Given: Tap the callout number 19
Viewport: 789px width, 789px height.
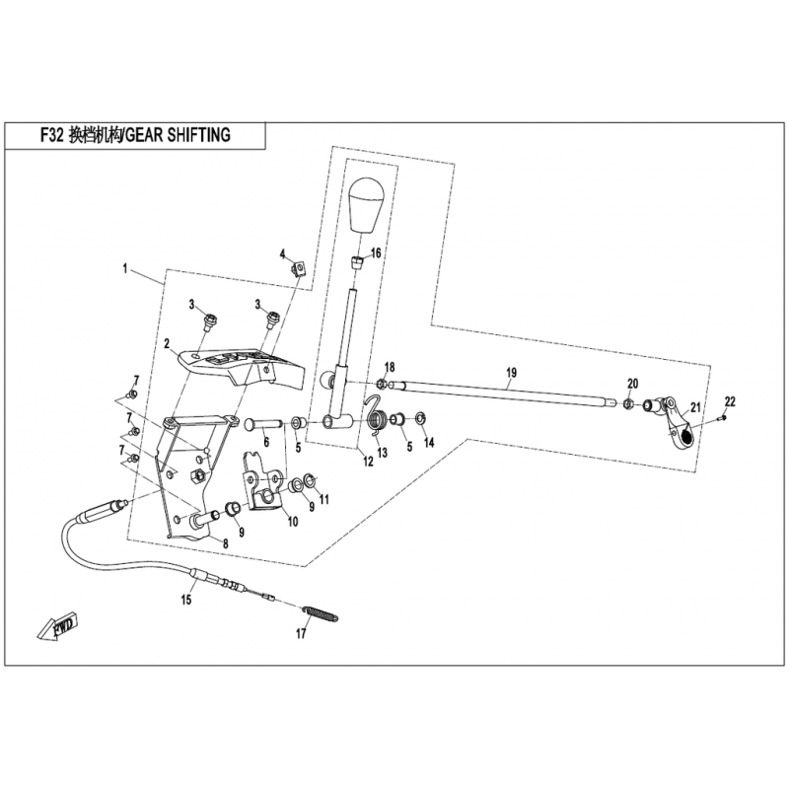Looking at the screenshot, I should (511, 373).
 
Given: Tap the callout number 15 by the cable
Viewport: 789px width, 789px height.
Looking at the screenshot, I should (185, 599).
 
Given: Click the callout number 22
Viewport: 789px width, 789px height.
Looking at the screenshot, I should (730, 400).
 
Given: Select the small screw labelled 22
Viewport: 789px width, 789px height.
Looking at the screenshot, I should (721, 418).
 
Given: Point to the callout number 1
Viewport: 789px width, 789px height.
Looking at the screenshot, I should (125, 267).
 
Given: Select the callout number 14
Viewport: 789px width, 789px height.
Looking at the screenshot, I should (429, 444).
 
